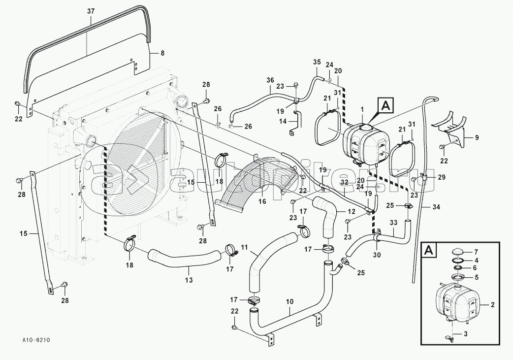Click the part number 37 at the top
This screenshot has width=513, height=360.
pos(90,11)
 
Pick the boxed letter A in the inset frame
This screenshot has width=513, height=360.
pos(428,250)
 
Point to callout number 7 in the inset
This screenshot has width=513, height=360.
pos(476,252)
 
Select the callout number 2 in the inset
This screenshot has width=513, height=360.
pos(492,305)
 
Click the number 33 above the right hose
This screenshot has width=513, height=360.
pos(393,223)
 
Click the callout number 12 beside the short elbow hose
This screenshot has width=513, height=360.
pos(351,211)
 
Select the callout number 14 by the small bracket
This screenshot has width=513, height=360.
pos(283,121)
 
